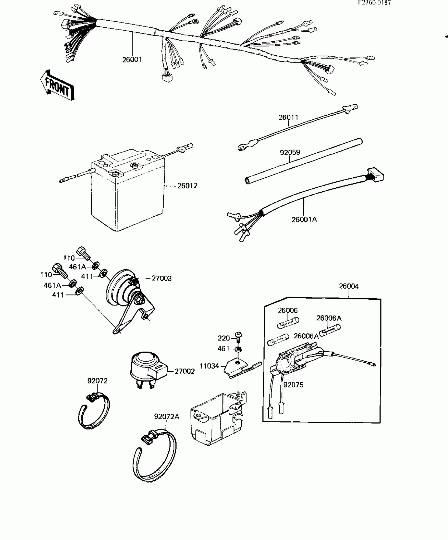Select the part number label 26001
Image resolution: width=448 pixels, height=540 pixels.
click(x=132, y=60)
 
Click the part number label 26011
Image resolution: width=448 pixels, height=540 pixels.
click(x=288, y=117)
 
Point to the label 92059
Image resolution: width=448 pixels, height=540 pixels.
click(x=290, y=152)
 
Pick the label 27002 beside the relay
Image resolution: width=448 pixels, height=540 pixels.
click(x=185, y=371)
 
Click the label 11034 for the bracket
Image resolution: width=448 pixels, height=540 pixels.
click(x=209, y=366)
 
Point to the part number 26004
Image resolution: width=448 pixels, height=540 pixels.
click(x=349, y=286)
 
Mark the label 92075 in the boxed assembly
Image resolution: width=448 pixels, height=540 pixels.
click(x=293, y=385)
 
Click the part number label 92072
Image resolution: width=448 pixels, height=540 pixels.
click(x=98, y=381)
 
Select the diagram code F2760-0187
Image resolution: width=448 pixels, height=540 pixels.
click(x=374, y=3)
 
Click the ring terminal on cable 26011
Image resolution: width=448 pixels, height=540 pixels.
click(x=241, y=147)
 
